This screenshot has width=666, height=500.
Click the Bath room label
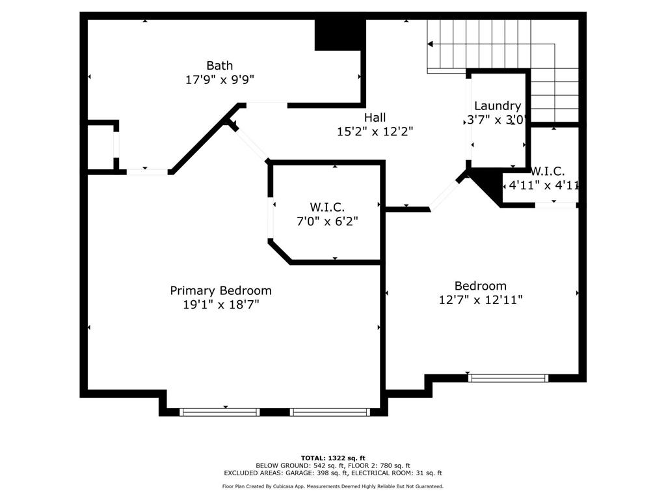[220, 66]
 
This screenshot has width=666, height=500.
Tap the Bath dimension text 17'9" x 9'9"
[220, 79]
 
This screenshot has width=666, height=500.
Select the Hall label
[375, 117]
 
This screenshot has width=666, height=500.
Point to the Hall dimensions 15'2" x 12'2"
[375, 132]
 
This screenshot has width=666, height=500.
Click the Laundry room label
[498, 106]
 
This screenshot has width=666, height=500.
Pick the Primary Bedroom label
[221, 291]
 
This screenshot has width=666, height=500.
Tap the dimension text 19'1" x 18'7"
[221, 305]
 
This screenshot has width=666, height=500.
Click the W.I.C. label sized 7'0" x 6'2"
[327, 207]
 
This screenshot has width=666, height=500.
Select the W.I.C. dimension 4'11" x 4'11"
[544, 186]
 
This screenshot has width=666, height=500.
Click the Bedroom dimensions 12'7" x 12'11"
[481, 299]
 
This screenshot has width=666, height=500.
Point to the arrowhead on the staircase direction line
[430, 44]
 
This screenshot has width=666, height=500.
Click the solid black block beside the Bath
[340, 35]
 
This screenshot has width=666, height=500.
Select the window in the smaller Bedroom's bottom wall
[508, 378]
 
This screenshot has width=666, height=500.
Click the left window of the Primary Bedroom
[220, 411]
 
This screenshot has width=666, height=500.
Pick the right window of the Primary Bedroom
[330, 411]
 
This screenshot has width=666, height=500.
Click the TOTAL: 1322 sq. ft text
[333, 458]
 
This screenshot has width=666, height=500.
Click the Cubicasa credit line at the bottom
[333, 486]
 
